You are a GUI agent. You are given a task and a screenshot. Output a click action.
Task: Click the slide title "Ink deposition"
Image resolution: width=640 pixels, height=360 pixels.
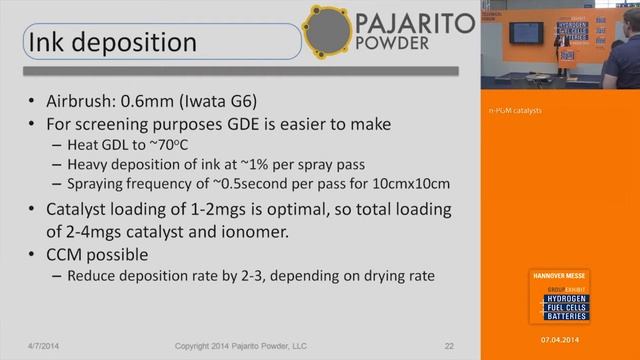click(x=112, y=43)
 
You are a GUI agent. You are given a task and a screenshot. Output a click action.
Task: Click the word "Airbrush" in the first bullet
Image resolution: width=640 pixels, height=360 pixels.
click(x=81, y=102)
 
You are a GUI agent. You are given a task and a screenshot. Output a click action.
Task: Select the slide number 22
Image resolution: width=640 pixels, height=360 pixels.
click(x=449, y=346)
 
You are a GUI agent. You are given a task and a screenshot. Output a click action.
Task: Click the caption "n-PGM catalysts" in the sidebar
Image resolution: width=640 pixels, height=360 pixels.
click(x=514, y=110)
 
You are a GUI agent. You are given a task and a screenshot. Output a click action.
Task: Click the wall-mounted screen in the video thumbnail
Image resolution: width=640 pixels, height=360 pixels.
click(x=525, y=33)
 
